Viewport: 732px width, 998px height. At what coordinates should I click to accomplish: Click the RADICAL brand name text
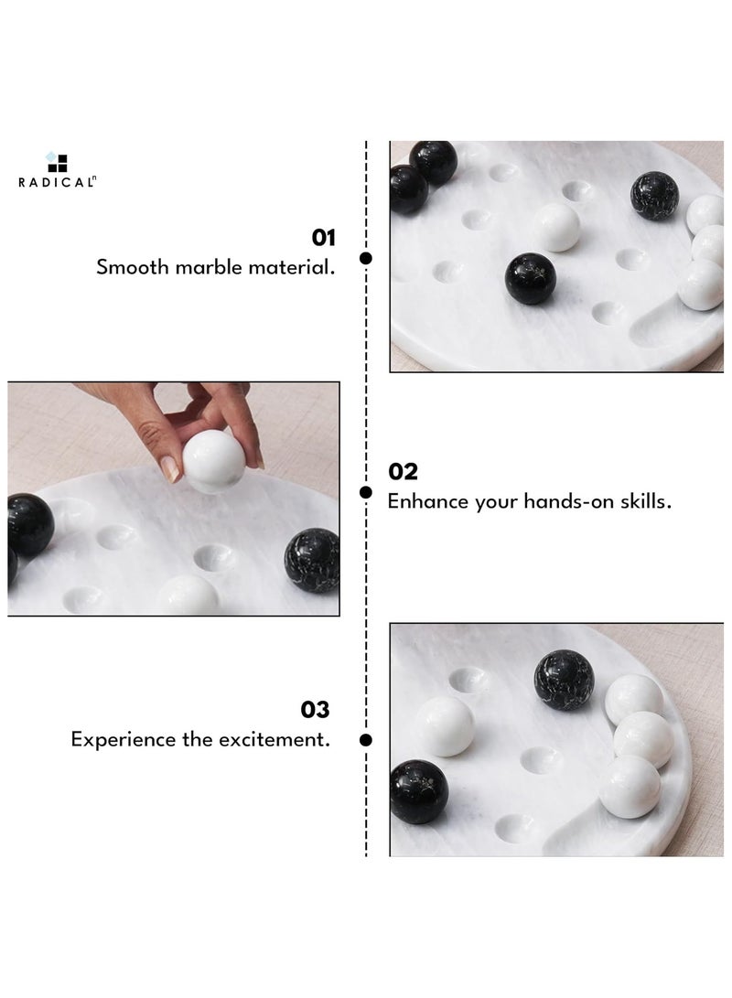56,182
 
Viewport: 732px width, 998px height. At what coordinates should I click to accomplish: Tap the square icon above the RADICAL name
58,162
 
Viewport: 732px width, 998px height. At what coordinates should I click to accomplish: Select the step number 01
324,239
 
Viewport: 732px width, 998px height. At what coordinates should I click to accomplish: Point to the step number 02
403,472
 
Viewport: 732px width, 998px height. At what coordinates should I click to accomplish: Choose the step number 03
316,710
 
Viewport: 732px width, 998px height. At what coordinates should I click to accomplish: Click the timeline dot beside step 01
366,259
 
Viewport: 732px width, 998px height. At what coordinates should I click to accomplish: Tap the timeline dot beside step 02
366,492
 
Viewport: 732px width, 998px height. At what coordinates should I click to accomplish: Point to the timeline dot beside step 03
366,738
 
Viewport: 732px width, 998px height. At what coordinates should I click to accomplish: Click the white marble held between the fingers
213,461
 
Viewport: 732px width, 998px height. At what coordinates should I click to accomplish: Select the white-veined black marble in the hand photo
312,560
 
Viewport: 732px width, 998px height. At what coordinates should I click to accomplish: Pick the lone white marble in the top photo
556,227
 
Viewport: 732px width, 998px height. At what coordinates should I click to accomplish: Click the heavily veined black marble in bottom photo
564,681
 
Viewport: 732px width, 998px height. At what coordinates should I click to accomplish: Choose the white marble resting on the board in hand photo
188,596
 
